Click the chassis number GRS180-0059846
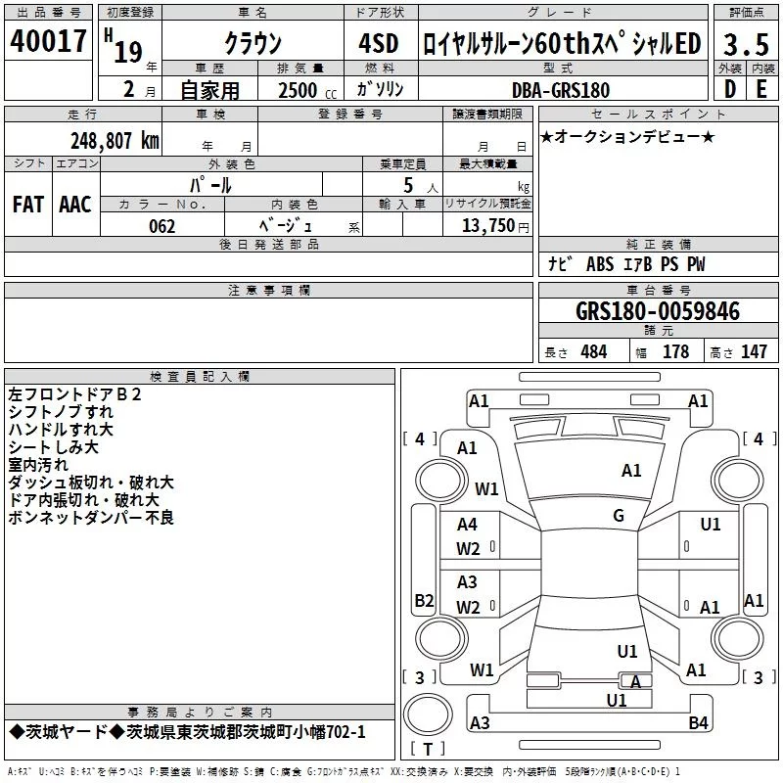click(x=658, y=311)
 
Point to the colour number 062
click(x=161, y=227)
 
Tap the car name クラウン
click(x=253, y=44)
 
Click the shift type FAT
click(x=27, y=205)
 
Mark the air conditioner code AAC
click(x=75, y=205)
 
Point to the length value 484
click(x=593, y=352)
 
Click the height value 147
click(x=754, y=352)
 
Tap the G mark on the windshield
click(x=618, y=516)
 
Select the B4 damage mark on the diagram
click(x=698, y=723)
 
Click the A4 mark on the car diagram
click(x=468, y=525)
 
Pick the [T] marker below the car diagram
click(x=428, y=750)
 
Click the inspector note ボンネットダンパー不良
click(x=91, y=518)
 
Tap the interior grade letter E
click(x=761, y=90)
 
